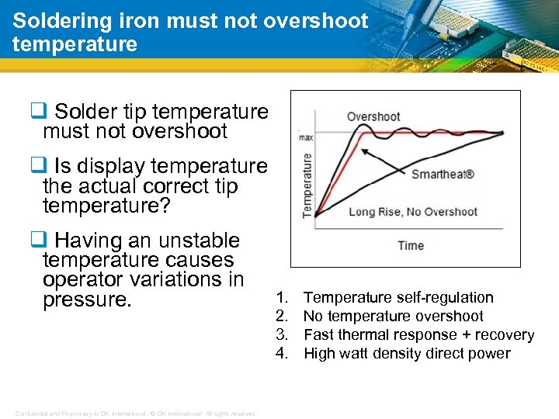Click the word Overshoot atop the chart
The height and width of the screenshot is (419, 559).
click(373, 117)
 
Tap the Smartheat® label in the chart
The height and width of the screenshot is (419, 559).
click(443, 174)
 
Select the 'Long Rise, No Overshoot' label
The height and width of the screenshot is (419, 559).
click(413, 212)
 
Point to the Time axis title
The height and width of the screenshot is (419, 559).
click(411, 245)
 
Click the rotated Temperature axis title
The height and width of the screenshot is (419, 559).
click(308, 185)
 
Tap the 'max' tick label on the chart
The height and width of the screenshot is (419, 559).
click(306, 137)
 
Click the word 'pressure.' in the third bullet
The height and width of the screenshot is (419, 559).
click(86, 300)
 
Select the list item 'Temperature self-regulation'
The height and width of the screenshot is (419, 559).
click(398, 297)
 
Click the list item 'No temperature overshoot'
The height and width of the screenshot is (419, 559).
click(393, 316)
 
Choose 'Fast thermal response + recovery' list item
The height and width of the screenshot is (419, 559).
click(418, 334)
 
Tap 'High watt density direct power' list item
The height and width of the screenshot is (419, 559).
click(407, 354)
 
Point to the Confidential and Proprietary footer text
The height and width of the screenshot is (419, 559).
click(135, 414)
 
